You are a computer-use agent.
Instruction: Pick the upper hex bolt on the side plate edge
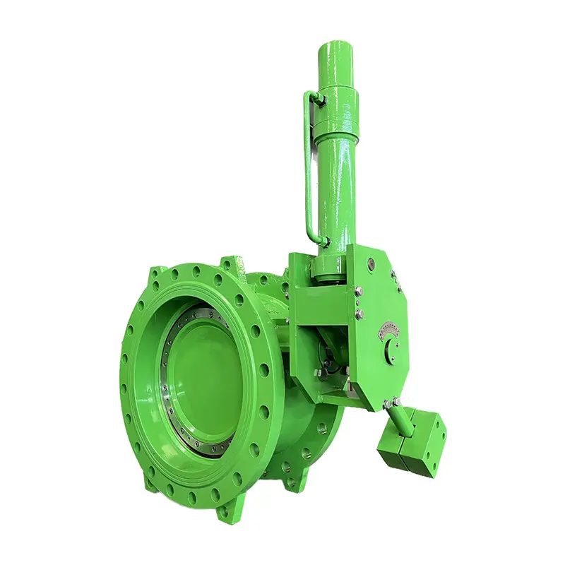coord(359,291)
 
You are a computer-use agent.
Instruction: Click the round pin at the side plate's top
coord(370,267)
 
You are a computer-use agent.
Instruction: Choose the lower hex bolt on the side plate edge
coord(359,314)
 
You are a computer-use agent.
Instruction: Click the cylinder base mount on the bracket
coord(328,265)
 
